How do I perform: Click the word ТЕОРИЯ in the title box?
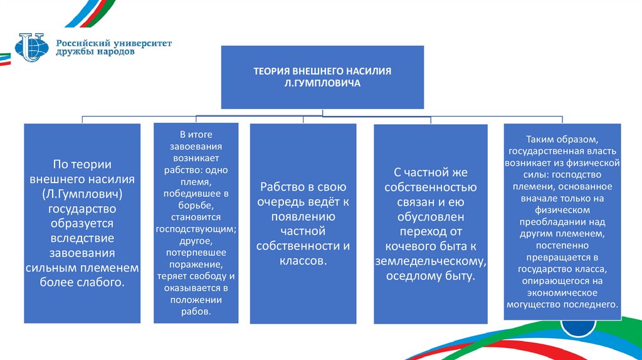point(269,71)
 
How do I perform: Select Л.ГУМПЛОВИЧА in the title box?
point(322,83)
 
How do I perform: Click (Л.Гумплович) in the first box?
point(82,193)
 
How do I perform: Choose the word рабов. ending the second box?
point(196,312)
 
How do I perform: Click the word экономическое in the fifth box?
point(562,293)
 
